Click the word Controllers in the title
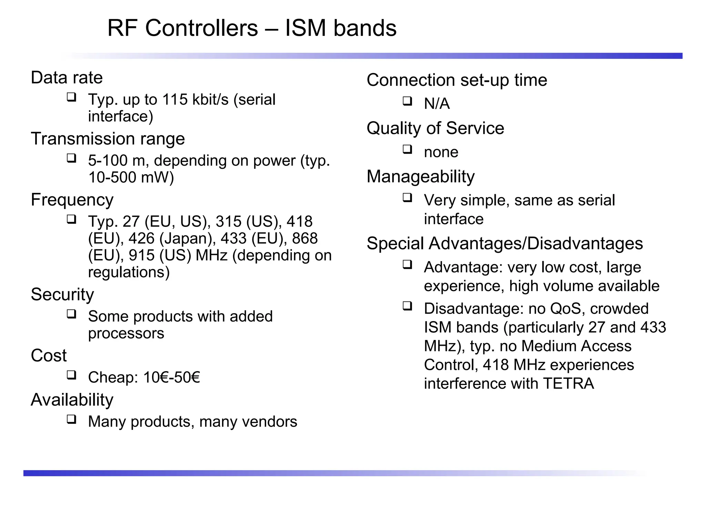(201, 28)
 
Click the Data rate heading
(67, 77)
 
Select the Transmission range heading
(108, 139)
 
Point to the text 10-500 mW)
(131, 177)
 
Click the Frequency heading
(72, 200)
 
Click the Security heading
(62, 294)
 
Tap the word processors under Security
(126, 333)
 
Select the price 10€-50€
(171, 377)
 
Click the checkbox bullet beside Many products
(71, 419)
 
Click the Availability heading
(72, 400)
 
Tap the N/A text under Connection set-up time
(436, 104)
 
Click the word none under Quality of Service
(441, 152)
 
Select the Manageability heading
(420, 177)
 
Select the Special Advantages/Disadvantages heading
(504, 243)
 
